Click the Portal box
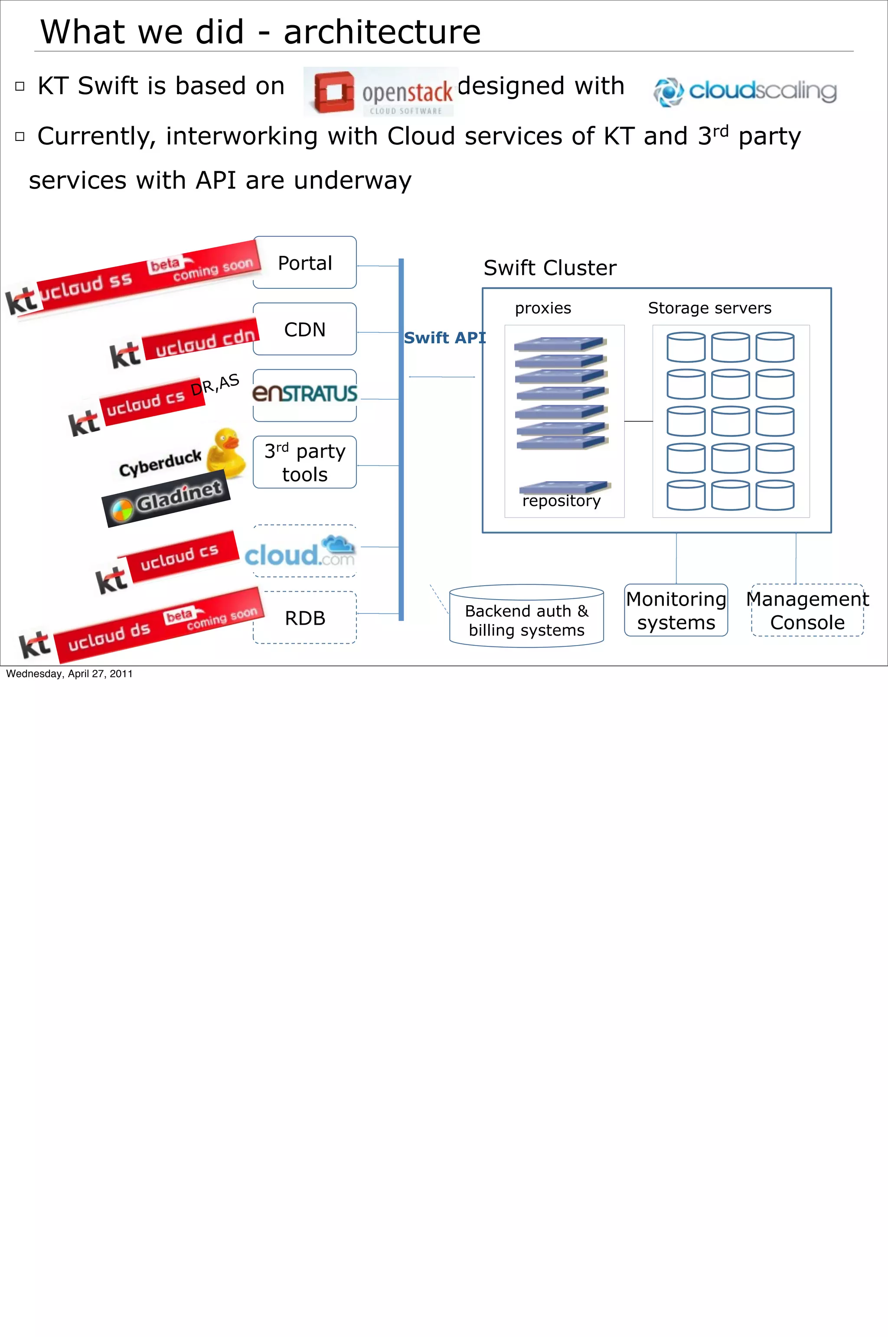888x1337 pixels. tap(305, 263)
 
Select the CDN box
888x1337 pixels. tap(305, 329)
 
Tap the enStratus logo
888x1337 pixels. tap(305, 393)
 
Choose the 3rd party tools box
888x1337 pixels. tap(305, 462)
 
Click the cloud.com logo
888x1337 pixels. tap(300, 552)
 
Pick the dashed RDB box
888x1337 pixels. tap(305, 618)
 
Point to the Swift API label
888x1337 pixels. tap(444, 338)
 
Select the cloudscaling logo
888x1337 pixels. tap(745, 91)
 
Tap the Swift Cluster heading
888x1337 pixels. tap(549, 268)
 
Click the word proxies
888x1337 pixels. tap(542, 308)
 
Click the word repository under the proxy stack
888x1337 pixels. tap(561, 501)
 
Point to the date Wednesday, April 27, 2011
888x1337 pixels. tap(69, 674)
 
